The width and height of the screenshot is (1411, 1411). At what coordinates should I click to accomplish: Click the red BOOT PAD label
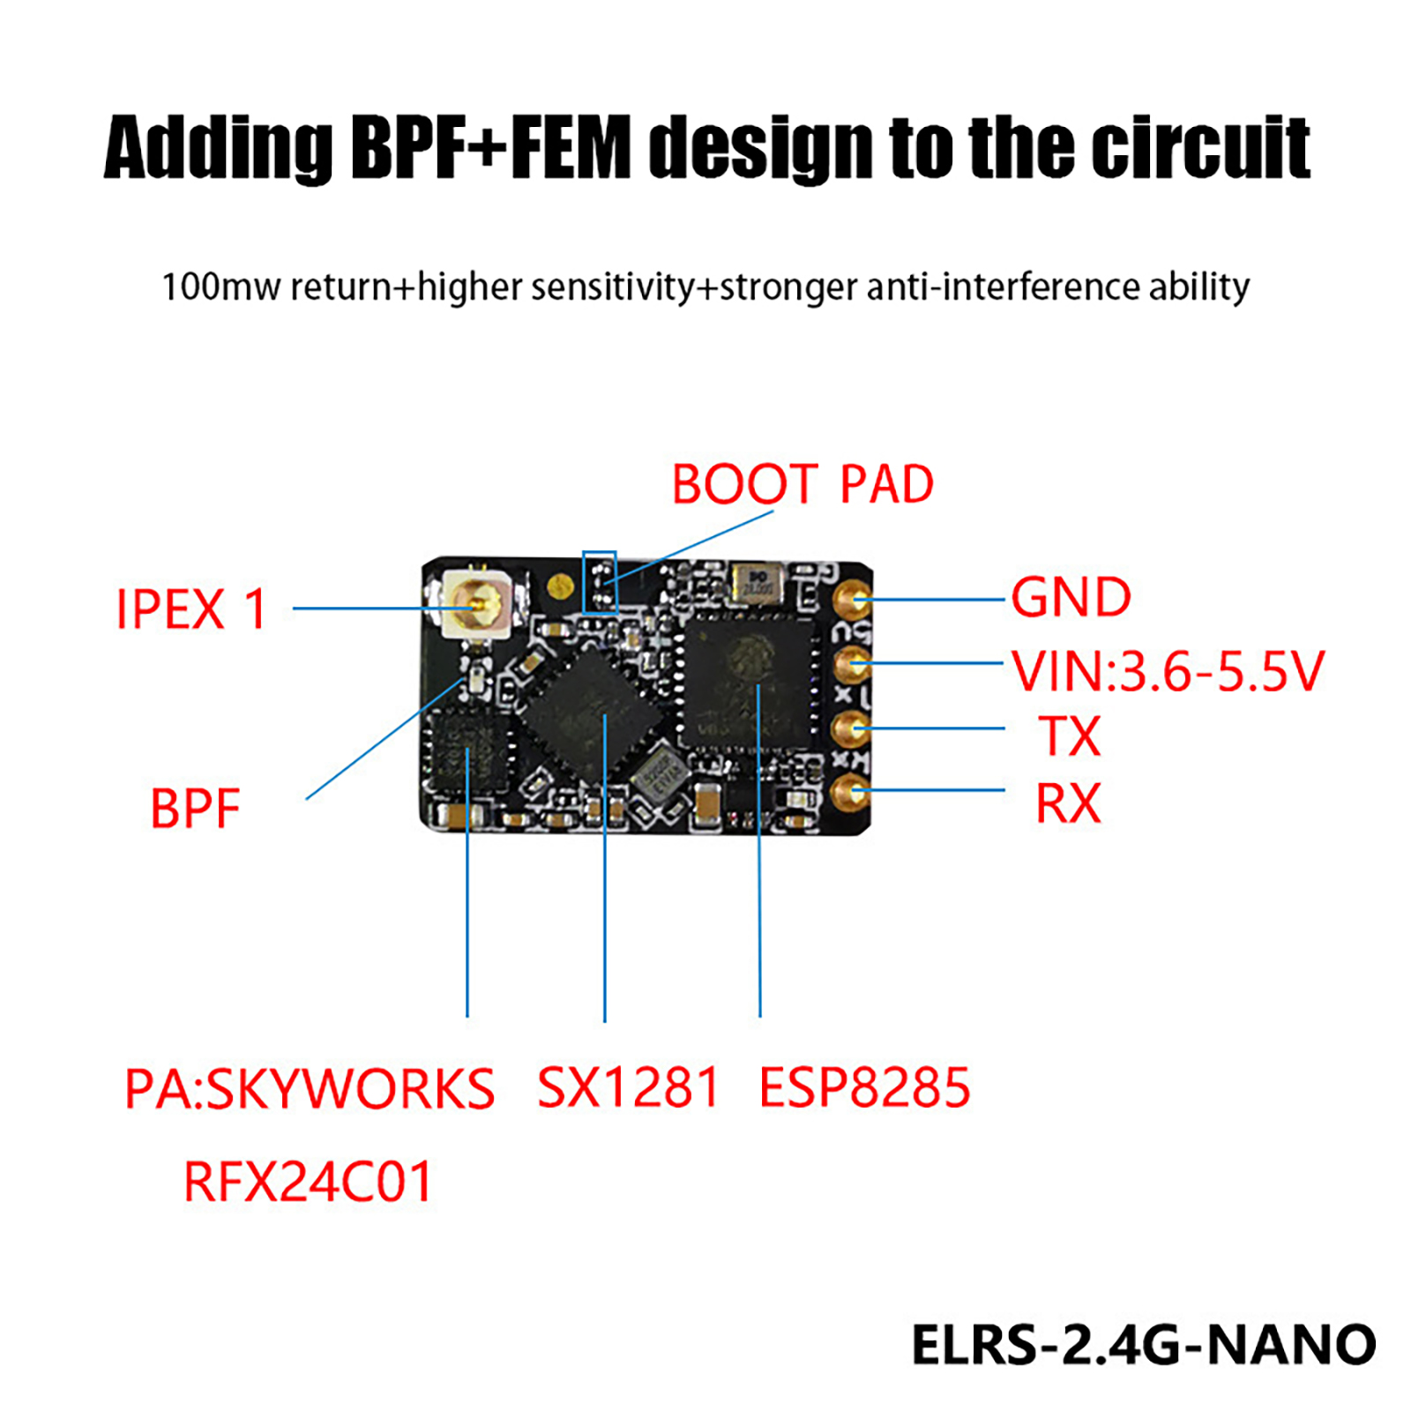pyautogui.click(x=803, y=484)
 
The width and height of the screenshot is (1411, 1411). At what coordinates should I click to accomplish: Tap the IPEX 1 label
pyautogui.click(x=191, y=609)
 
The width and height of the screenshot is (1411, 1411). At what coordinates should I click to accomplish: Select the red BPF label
pyautogui.click(x=195, y=809)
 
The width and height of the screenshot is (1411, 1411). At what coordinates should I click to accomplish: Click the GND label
pyautogui.click(x=1071, y=598)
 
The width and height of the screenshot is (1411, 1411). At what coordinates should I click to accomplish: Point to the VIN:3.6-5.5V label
pyautogui.click(x=1167, y=671)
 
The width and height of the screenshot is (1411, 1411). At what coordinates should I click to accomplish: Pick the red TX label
pyautogui.click(x=1069, y=736)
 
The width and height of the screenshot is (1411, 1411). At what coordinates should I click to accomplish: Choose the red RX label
pyautogui.click(x=1068, y=803)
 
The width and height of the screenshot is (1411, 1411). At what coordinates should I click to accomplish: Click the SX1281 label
pyautogui.click(x=628, y=1086)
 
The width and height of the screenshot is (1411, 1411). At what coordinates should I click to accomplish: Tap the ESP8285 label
pyautogui.click(x=864, y=1086)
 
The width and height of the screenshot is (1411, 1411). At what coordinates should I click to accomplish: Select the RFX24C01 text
pyautogui.click(x=308, y=1182)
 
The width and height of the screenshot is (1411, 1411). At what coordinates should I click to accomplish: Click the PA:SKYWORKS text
pyautogui.click(x=310, y=1088)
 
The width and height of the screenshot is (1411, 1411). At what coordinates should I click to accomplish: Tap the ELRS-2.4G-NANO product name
pyautogui.click(x=1143, y=1345)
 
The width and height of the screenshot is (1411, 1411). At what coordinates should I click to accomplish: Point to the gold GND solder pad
pyautogui.click(x=851, y=598)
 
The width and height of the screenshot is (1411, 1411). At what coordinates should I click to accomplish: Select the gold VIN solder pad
pyautogui.click(x=851, y=663)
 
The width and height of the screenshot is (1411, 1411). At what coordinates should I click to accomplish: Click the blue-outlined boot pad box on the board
pyautogui.click(x=600, y=582)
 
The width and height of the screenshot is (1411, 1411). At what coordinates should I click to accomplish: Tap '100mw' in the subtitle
pyautogui.click(x=221, y=287)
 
